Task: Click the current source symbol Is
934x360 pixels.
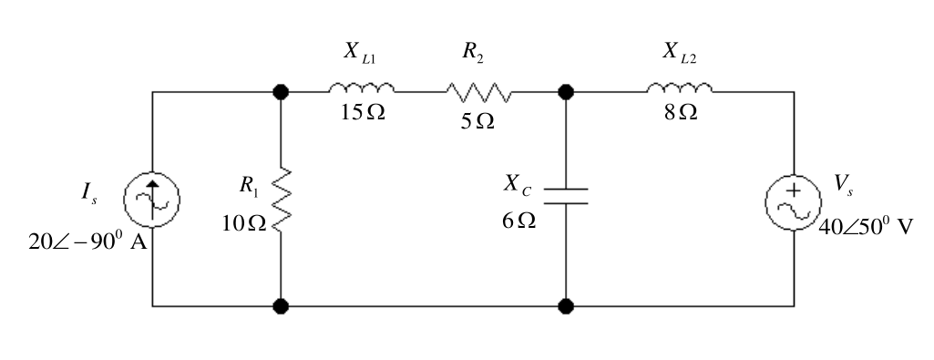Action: click(x=152, y=200)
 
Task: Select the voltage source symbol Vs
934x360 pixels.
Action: click(x=794, y=202)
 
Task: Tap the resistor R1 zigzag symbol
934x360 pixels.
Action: click(x=282, y=200)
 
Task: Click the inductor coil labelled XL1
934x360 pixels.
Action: click(x=362, y=87)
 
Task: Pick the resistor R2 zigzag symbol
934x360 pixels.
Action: click(x=479, y=92)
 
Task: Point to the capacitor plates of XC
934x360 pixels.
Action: click(x=566, y=196)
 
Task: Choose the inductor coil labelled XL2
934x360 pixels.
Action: click(x=680, y=87)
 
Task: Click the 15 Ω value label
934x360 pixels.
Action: click(x=363, y=112)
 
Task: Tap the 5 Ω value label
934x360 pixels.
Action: click(x=477, y=121)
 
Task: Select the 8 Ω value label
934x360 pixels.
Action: click(x=681, y=112)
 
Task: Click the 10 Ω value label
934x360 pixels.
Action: click(x=244, y=223)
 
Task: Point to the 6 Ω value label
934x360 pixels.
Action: click(x=518, y=221)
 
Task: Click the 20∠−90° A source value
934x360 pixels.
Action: click(x=87, y=242)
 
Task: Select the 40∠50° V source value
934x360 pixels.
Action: click(x=866, y=227)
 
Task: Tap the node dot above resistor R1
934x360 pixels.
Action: click(x=281, y=92)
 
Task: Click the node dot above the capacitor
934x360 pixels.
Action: click(x=566, y=92)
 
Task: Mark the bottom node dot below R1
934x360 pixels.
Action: click(x=281, y=306)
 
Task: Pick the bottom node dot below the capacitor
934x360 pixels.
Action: click(x=566, y=306)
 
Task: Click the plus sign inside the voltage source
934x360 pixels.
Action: click(x=794, y=190)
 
